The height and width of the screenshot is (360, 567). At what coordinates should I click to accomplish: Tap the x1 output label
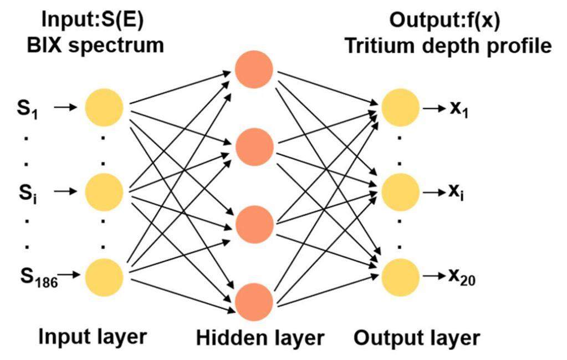pos(458,109)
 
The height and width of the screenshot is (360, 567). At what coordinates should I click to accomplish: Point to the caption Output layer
pos(417,337)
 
